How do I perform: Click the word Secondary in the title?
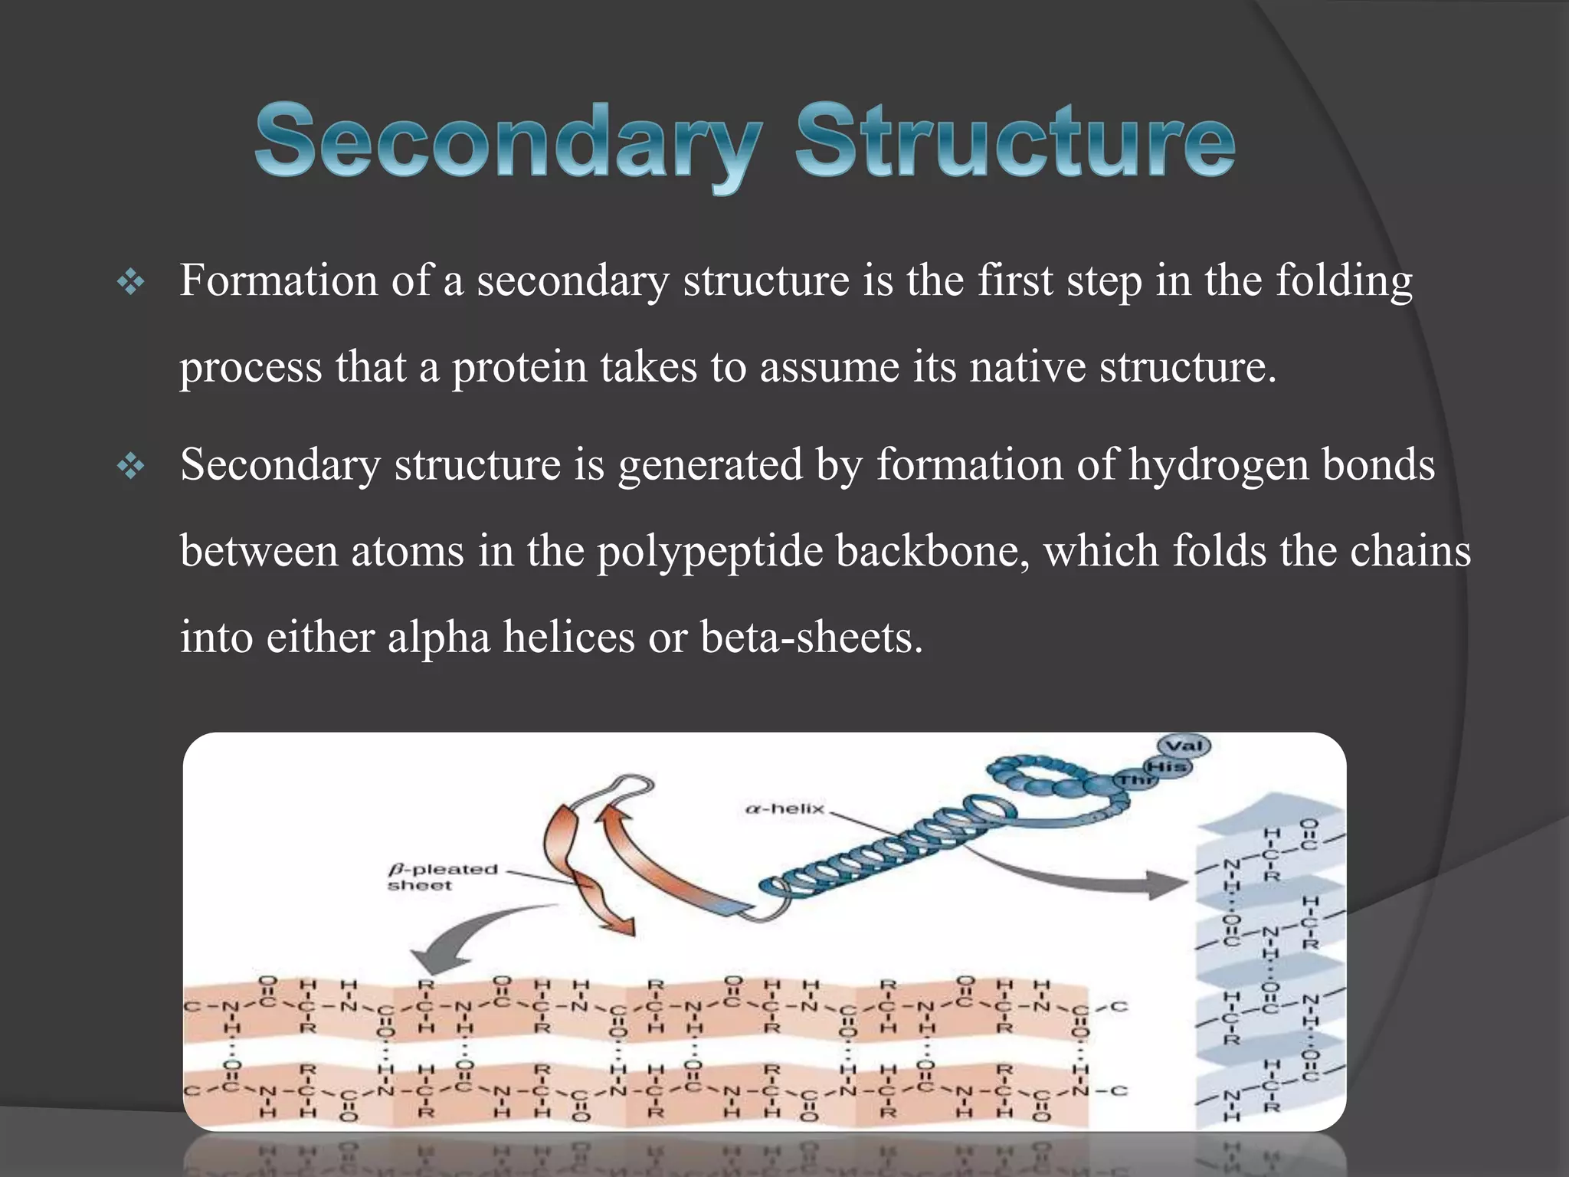[x=507, y=143]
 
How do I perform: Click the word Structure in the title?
[x=1015, y=143]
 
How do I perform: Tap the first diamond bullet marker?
[x=131, y=284]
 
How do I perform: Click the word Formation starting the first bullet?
[x=279, y=280]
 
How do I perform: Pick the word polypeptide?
[x=709, y=552]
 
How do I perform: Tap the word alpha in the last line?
[x=438, y=638]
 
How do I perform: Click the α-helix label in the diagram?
[x=784, y=809]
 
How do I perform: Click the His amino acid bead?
[x=1168, y=766]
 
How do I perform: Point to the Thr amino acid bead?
[x=1135, y=781]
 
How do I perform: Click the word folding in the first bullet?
[x=1344, y=280]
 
